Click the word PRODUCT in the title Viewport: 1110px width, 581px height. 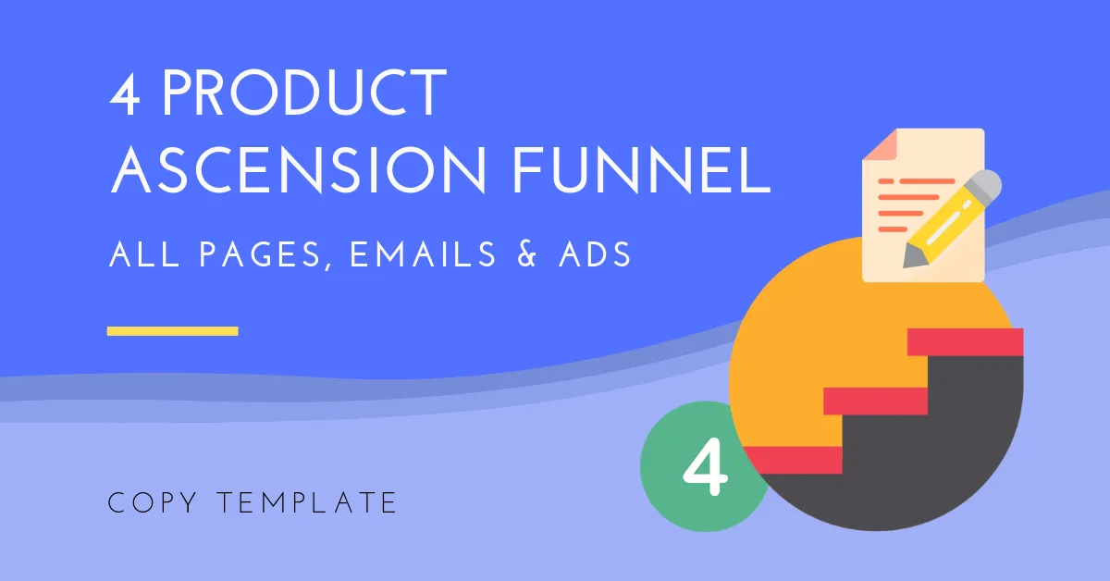click(304, 93)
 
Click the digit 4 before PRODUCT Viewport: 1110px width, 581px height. click(124, 93)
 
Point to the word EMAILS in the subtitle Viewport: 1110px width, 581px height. click(422, 254)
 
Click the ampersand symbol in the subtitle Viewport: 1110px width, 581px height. click(526, 254)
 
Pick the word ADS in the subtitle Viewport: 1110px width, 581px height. click(595, 254)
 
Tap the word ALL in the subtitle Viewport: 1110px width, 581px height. click(143, 254)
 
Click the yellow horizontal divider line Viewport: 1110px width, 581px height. click(172, 330)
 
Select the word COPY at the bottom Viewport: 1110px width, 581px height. click(152, 502)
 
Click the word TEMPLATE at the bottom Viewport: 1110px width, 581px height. click(307, 502)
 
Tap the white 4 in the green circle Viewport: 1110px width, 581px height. click(706, 466)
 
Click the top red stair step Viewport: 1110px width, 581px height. click(966, 341)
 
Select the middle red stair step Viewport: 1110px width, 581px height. click(876, 401)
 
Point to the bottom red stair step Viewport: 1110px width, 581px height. click(793, 460)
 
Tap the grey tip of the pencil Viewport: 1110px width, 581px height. click(911, 258)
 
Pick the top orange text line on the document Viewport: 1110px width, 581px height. click(917, 181)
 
